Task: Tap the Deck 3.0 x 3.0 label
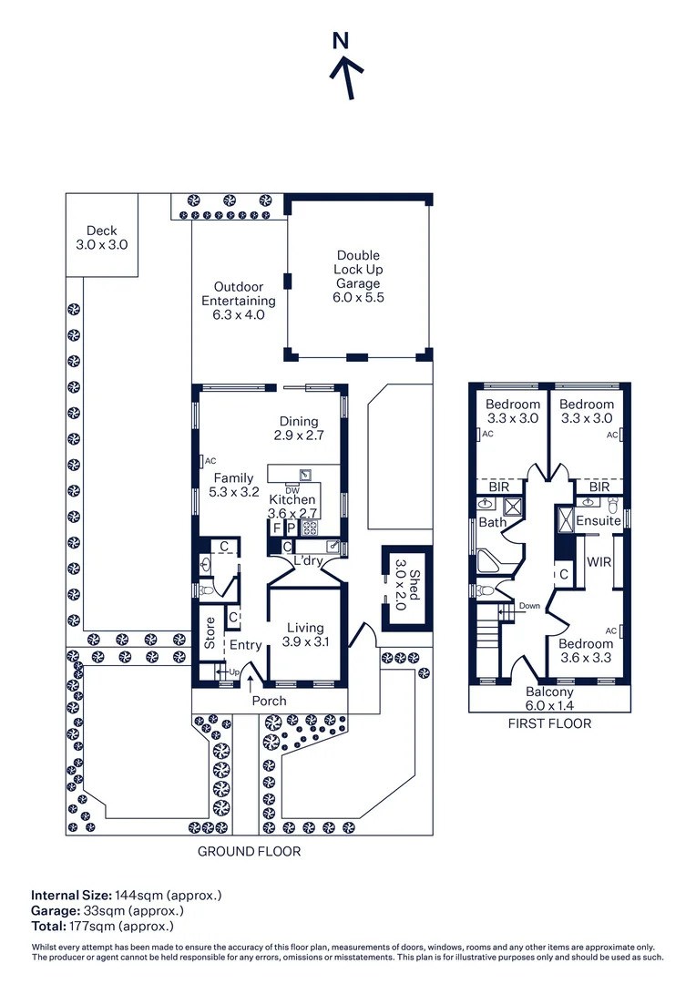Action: coord(101,238)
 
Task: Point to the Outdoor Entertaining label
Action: coord(238,301)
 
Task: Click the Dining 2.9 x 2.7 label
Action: coord(299,428)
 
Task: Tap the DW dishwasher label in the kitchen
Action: coord(292,491)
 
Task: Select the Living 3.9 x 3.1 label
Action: coord(305,634)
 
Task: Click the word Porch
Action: coord(269,701)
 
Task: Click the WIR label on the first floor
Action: coord(599,561)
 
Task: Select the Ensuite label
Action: coord(599,521)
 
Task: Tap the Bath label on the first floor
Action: coord(492,523)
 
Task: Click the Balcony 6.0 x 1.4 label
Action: coord(549,698)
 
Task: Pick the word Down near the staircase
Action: coord(529,606)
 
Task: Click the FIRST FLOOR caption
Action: coord(549,723)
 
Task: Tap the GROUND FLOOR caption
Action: coord(249,852)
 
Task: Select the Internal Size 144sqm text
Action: coord(127,895)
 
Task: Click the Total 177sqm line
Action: coord(102,926)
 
